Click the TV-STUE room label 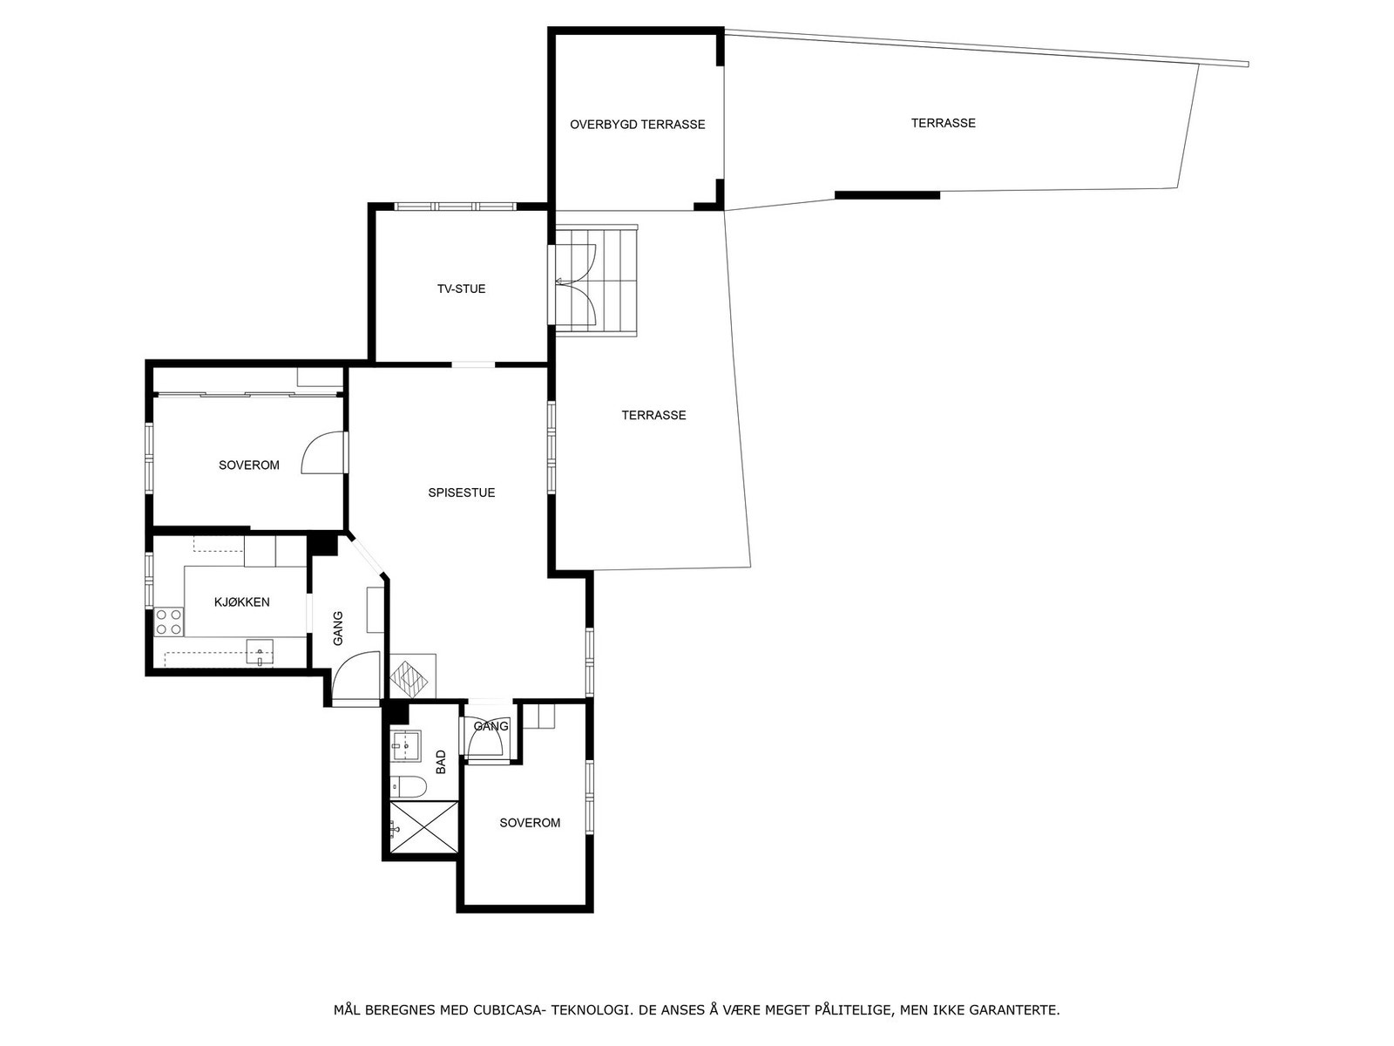click(461, 289)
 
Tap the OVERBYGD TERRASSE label click(637, 125)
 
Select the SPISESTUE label click(461, 492)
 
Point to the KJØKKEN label click(241, 601)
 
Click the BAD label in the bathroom click(441, 762)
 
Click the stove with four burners click(169, 621)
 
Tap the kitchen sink click(260, 651)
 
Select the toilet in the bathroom click(408, 788)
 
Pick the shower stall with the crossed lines click(423, 826)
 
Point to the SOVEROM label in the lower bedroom click(530, 822)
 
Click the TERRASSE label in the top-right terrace click(943, 123)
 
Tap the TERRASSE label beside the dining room click(653, 415)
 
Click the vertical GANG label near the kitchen click(338, 628)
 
